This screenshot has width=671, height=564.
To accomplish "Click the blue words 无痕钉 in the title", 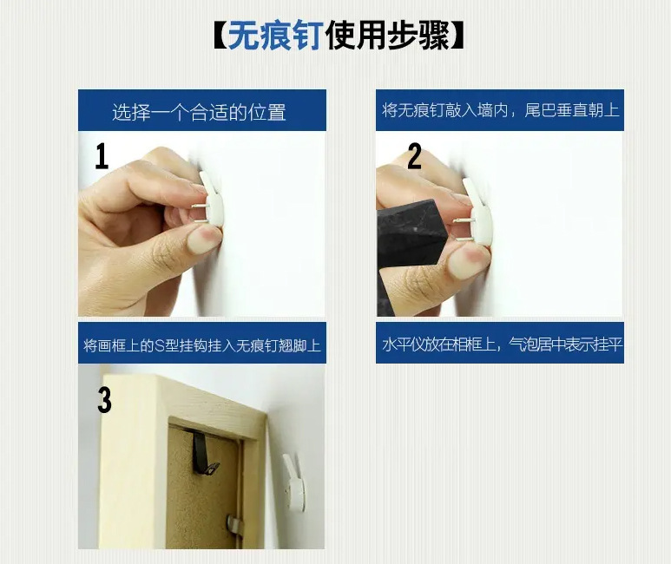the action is pos(275,36).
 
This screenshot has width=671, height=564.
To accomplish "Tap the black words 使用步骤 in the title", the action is pos(387,36).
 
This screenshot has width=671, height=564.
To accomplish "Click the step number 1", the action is pos(102,156).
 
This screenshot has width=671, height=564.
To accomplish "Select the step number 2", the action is pos(414,156).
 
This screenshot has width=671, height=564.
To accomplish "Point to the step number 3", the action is pos(104,401).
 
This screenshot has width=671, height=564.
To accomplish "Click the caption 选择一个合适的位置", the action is pos(200,113).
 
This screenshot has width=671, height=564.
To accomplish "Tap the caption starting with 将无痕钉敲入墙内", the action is pos(500,110).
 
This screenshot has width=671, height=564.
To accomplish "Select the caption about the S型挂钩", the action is pos(201,345).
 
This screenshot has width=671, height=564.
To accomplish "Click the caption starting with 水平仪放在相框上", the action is pos(501,344).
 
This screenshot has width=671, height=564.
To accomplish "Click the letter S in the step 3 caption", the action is pos(159,345).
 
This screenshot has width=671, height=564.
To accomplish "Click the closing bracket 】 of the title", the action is pos(457,36).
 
